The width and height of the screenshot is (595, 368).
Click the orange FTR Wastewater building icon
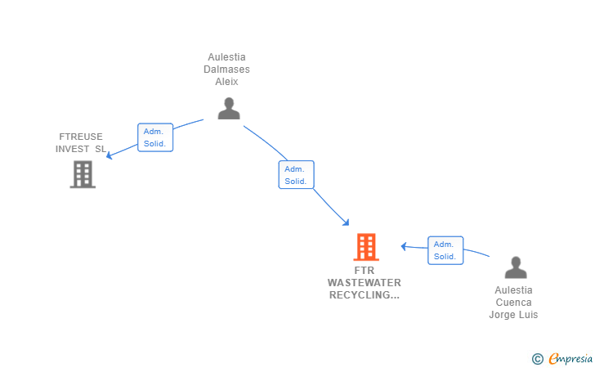[365, 247]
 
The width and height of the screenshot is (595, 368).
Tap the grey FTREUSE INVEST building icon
[83, 174]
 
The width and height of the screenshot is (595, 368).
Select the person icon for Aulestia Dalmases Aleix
[229, 108]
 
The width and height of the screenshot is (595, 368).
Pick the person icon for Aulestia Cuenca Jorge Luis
[515, 267]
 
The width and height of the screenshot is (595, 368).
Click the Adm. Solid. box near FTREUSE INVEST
[154, 137]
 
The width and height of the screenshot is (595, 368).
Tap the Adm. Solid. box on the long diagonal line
[296, 175]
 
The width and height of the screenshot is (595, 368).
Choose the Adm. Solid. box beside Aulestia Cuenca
[445, 250]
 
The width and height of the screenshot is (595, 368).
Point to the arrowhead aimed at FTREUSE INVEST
[110, 155]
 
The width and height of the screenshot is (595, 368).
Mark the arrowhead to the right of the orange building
[404, 245]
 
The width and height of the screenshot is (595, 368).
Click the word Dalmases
[226, 70]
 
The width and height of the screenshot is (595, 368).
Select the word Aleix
[226, 82]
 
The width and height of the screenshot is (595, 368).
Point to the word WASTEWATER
[365, 282]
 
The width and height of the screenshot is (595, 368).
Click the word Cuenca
[513, 303]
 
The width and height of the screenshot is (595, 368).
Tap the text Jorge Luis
[513, 315]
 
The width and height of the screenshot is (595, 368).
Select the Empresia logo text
[570, 357]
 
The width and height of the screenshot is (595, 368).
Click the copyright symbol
[537, 358]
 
